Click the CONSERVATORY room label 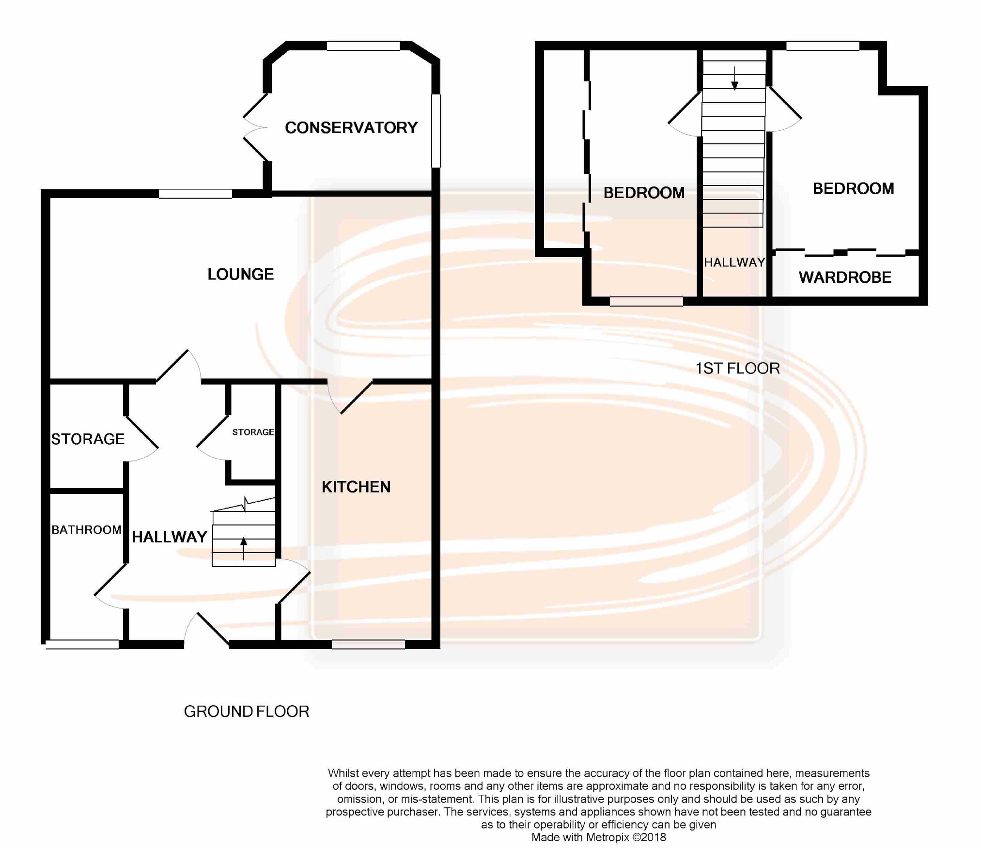[x=351, y=128]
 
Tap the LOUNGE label [x=241, y=275]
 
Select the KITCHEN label [x=356, y=487]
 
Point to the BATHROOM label [x=86, y=530]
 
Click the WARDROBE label [x=845, y=278]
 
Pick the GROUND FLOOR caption [x=247, y=711]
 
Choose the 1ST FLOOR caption [x=738, y=369]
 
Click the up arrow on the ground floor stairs [x=244, y=548]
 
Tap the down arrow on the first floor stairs [x=735, y=78]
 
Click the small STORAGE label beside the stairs [x=253, y=432]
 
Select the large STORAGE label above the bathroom [x=88, y=439]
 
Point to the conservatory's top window [x=363, y=46]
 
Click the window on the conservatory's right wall [x=436, y=131]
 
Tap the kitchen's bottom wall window [x=368, y=644]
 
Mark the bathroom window [x=82, y=645]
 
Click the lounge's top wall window [x=195, y=194]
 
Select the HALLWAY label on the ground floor [x=170, y=537]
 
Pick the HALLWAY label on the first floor [x=734, y=262]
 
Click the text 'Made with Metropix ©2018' [x=599, y=837]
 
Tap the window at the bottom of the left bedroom [x=646, y=302]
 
